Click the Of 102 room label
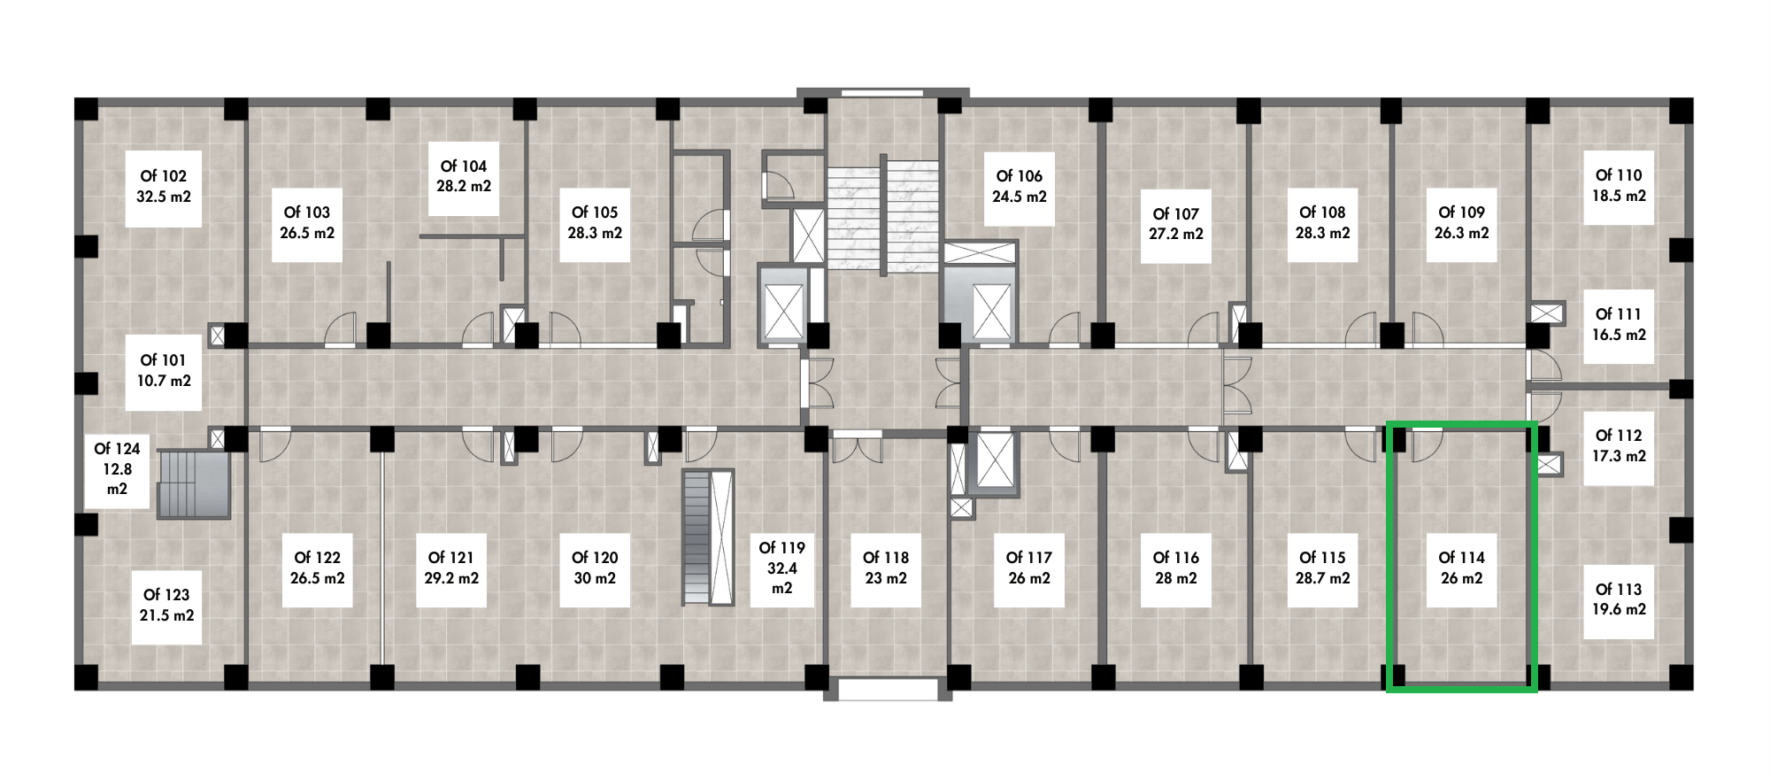164,186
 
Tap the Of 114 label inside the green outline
1461,568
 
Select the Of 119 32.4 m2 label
781,568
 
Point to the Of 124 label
117,468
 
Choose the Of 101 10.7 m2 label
164,370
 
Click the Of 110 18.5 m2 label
1619,186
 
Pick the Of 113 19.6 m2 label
1619,599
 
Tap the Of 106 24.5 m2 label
1019,186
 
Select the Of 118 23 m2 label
886,568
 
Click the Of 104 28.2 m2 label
464,176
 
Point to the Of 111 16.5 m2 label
1619,325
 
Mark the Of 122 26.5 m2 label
317,568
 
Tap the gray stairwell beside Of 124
193,483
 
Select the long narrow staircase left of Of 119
708,537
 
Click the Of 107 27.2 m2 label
1175,224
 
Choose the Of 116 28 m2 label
1175,568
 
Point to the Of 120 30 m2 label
595,568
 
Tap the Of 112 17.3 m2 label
1619,446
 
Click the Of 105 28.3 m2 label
595,223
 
